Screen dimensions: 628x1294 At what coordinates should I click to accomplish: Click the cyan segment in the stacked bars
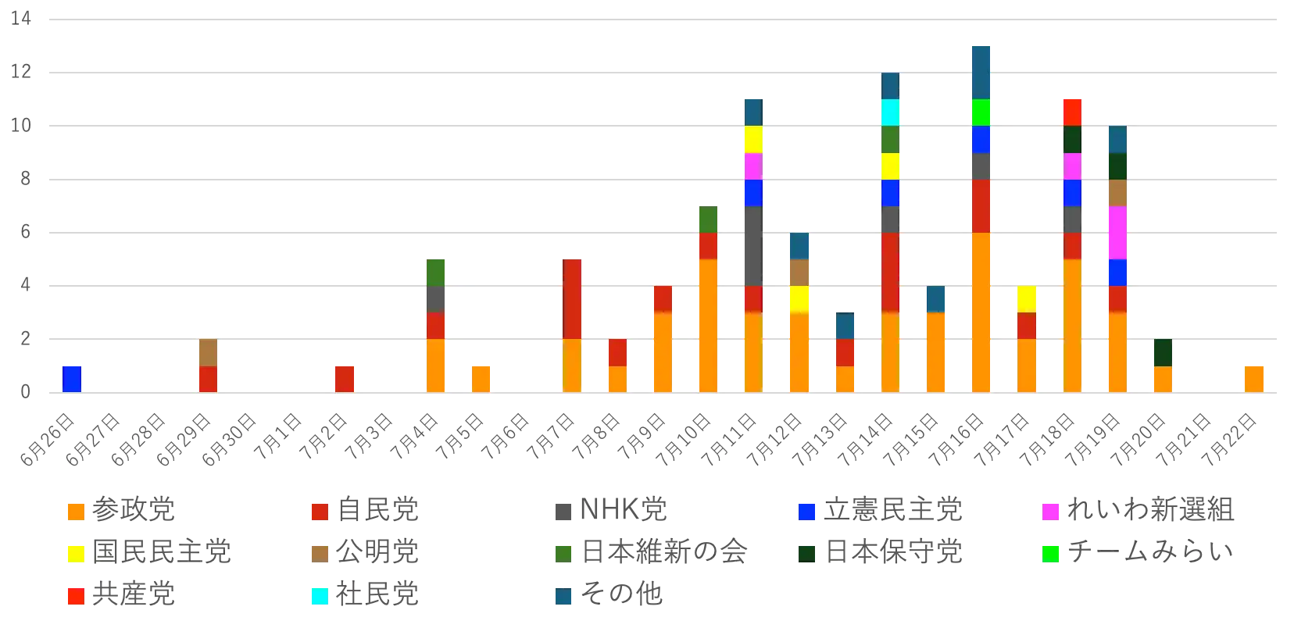(891, 112)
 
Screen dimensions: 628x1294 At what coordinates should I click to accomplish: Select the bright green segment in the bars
(981, 112)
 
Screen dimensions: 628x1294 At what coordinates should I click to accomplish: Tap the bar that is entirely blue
(72, 378)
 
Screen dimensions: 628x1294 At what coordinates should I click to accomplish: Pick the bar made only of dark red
(344, 378)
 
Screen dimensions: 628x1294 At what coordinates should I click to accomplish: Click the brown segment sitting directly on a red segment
(208, 353)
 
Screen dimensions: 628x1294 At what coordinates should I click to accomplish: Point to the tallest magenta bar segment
(1117, 233)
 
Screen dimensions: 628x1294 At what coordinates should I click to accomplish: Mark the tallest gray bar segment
(753, 246)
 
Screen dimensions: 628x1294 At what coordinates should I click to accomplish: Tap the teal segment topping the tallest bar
(981, 72)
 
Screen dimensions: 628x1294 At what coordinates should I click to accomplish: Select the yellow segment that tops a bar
(1027, 299)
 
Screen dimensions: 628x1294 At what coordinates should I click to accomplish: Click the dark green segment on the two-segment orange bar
(1163, 353)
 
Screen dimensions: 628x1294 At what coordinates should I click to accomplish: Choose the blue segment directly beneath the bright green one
(981, 140)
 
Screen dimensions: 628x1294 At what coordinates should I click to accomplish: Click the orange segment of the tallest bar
(981, 312)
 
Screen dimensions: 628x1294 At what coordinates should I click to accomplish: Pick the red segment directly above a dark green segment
(1072, 112)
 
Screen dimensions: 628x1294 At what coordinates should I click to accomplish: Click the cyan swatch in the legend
(320, 595)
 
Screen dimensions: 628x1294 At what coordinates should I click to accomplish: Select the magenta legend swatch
(1050, 512)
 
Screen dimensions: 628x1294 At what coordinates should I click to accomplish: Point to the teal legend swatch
(563, 595)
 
